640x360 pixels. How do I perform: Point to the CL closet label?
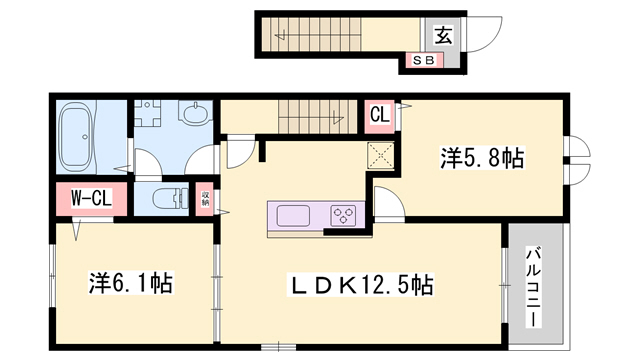click(379, 114)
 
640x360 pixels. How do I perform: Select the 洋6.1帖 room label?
click(130, 284)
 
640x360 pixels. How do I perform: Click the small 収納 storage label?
click(205, 198)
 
